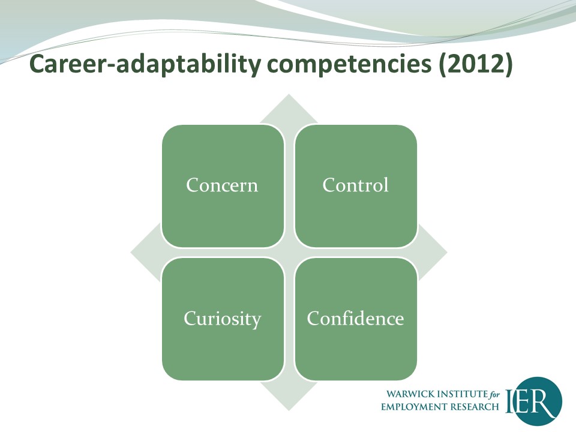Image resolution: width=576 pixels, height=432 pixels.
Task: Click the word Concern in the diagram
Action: (222, 185)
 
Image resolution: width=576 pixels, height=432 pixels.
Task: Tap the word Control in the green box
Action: (355, 185)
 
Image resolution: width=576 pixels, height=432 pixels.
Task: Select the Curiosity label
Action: (222, 319)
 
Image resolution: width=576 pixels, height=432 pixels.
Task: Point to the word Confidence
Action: (355, 318)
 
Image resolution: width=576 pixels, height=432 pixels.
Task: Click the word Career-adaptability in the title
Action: (145, 64)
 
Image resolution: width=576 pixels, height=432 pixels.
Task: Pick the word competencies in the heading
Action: (349, 65)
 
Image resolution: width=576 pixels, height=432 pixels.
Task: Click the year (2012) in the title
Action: (475, 64)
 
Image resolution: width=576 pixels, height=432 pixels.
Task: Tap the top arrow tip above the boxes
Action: (289, 94)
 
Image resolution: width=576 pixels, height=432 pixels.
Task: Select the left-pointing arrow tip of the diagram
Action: (131, 253)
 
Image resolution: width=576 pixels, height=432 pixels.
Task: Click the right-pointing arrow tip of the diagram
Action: (446, 253)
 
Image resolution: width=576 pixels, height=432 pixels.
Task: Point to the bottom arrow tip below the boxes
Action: (289, 410)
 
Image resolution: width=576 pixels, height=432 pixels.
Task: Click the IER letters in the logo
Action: (531, 401)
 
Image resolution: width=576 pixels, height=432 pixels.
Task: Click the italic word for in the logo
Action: (494, 395)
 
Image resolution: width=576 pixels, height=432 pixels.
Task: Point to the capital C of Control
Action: (329, 185)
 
